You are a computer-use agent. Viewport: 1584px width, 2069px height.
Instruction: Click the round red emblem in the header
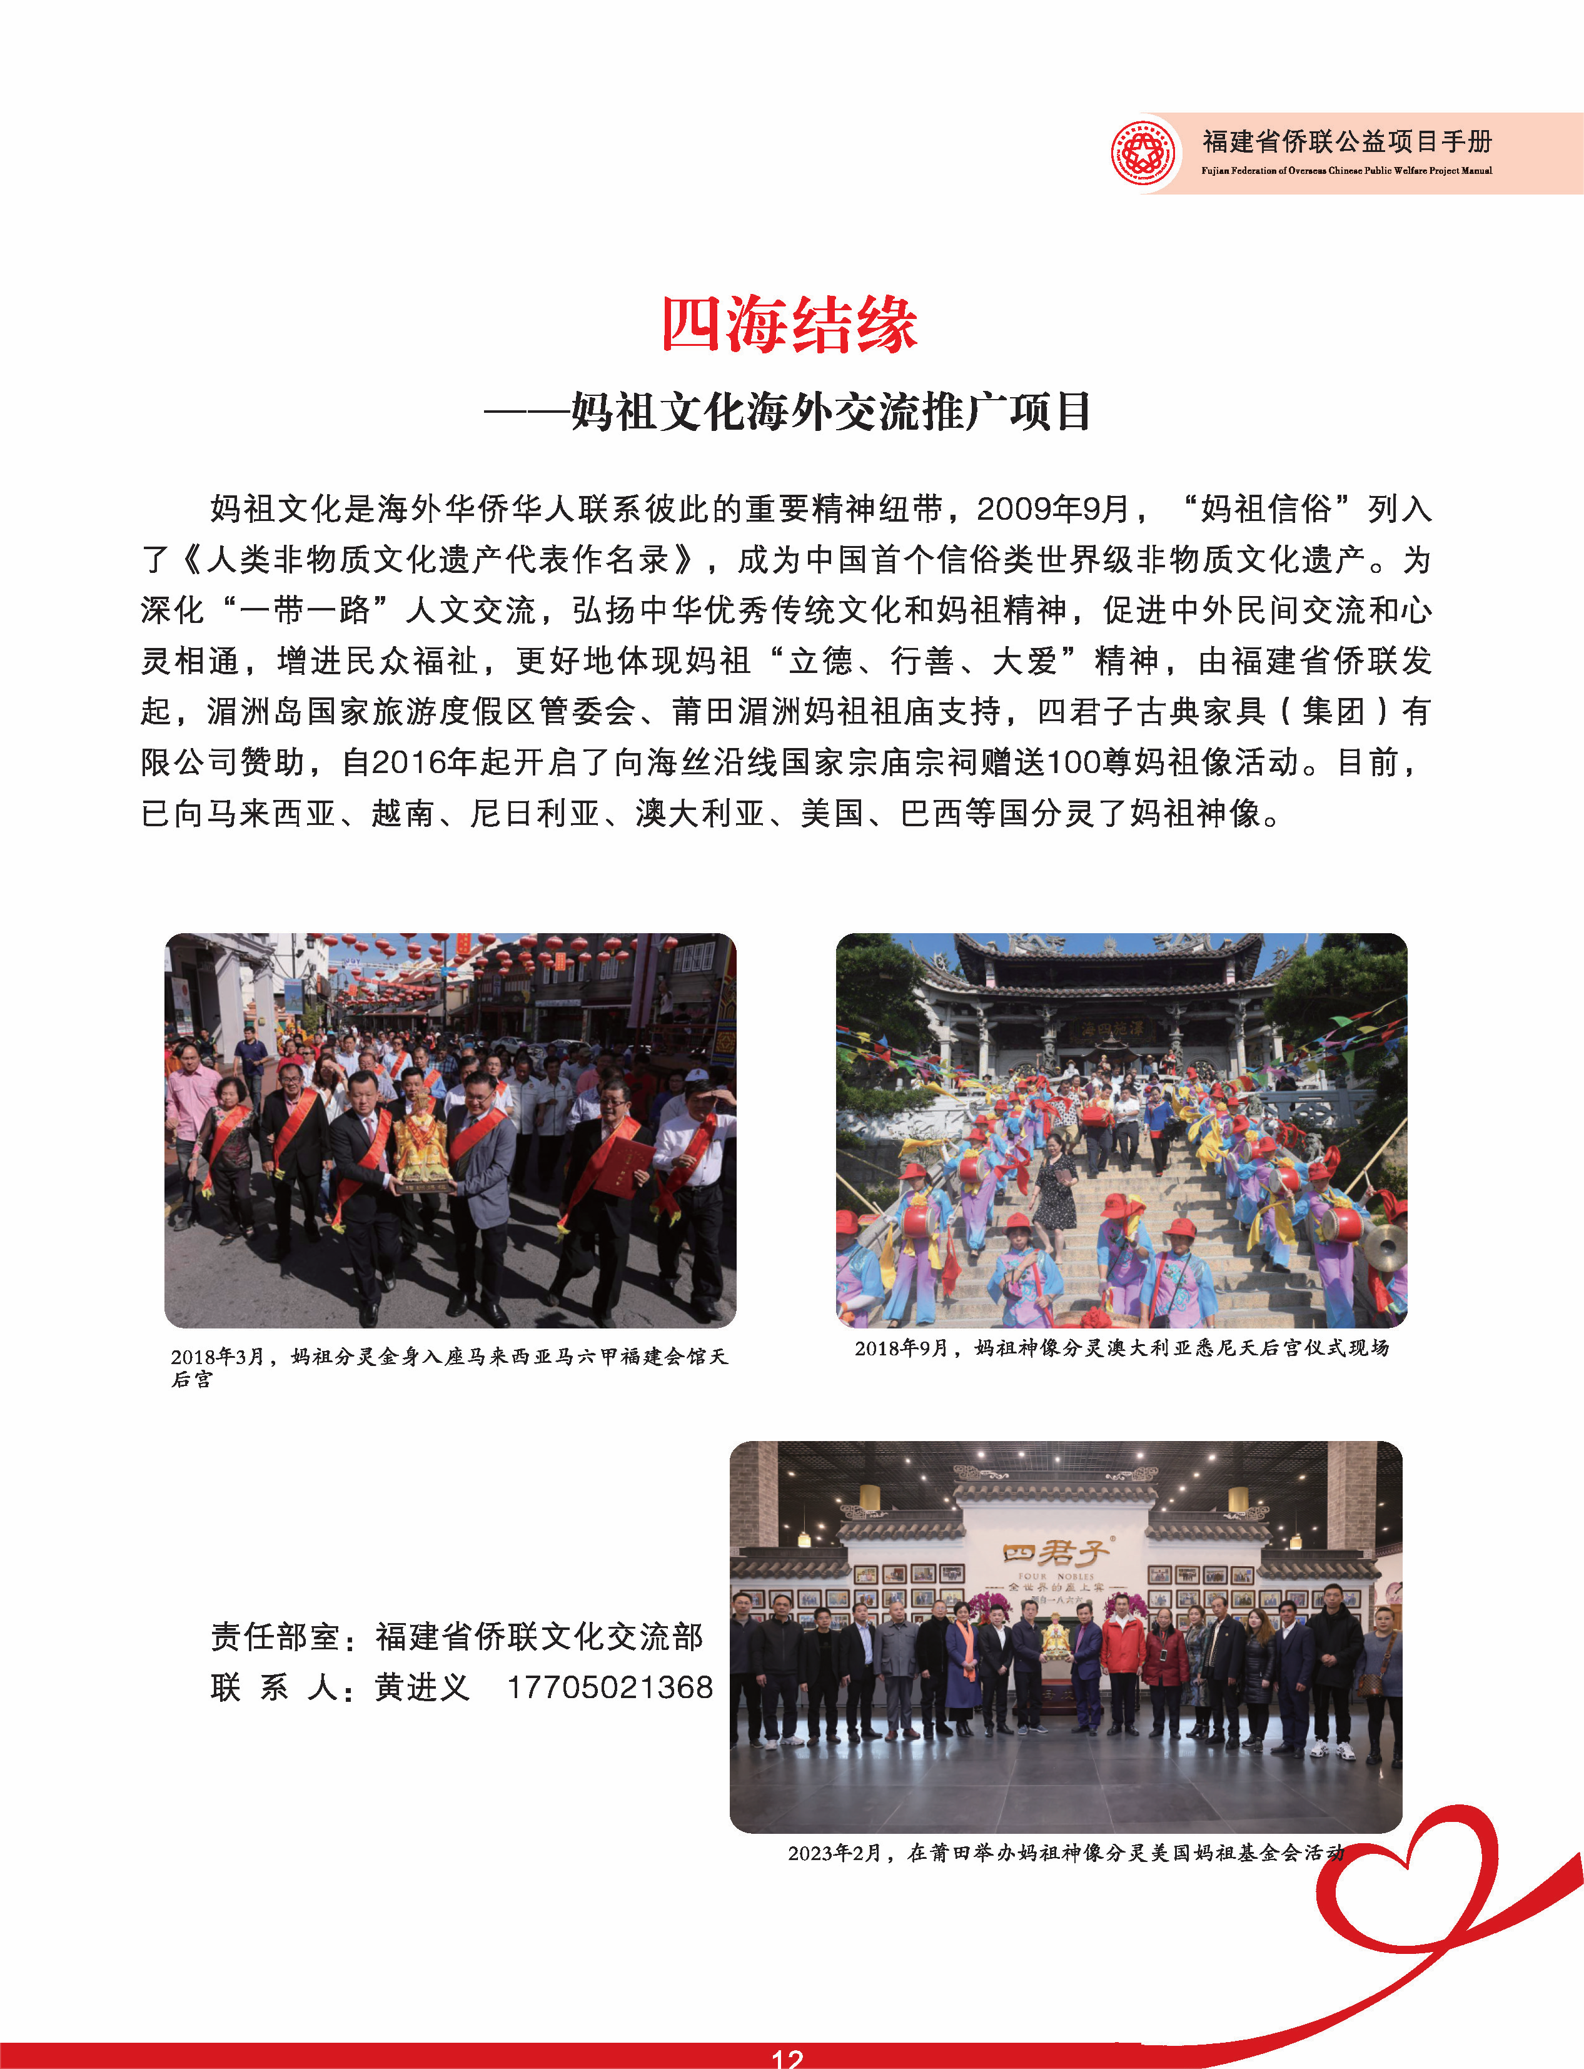coord(1144,152)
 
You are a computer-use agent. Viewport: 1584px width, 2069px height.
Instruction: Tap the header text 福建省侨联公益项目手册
coord(1346,141)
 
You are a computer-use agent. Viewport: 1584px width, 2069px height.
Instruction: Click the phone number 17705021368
coord(610,1687)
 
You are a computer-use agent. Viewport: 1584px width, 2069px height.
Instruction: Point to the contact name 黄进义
coord(421,1687)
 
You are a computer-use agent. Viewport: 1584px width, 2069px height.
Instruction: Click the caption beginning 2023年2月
coord(1066,1852)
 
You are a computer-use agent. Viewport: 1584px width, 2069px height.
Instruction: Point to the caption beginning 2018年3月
coord(449,1365)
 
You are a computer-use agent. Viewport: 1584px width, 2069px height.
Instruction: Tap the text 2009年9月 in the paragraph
coord(1052,509)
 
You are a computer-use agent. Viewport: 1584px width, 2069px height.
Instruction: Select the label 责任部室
coord(275,1636)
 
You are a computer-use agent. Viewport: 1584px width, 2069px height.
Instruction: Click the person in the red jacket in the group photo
coord(1122,1669)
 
